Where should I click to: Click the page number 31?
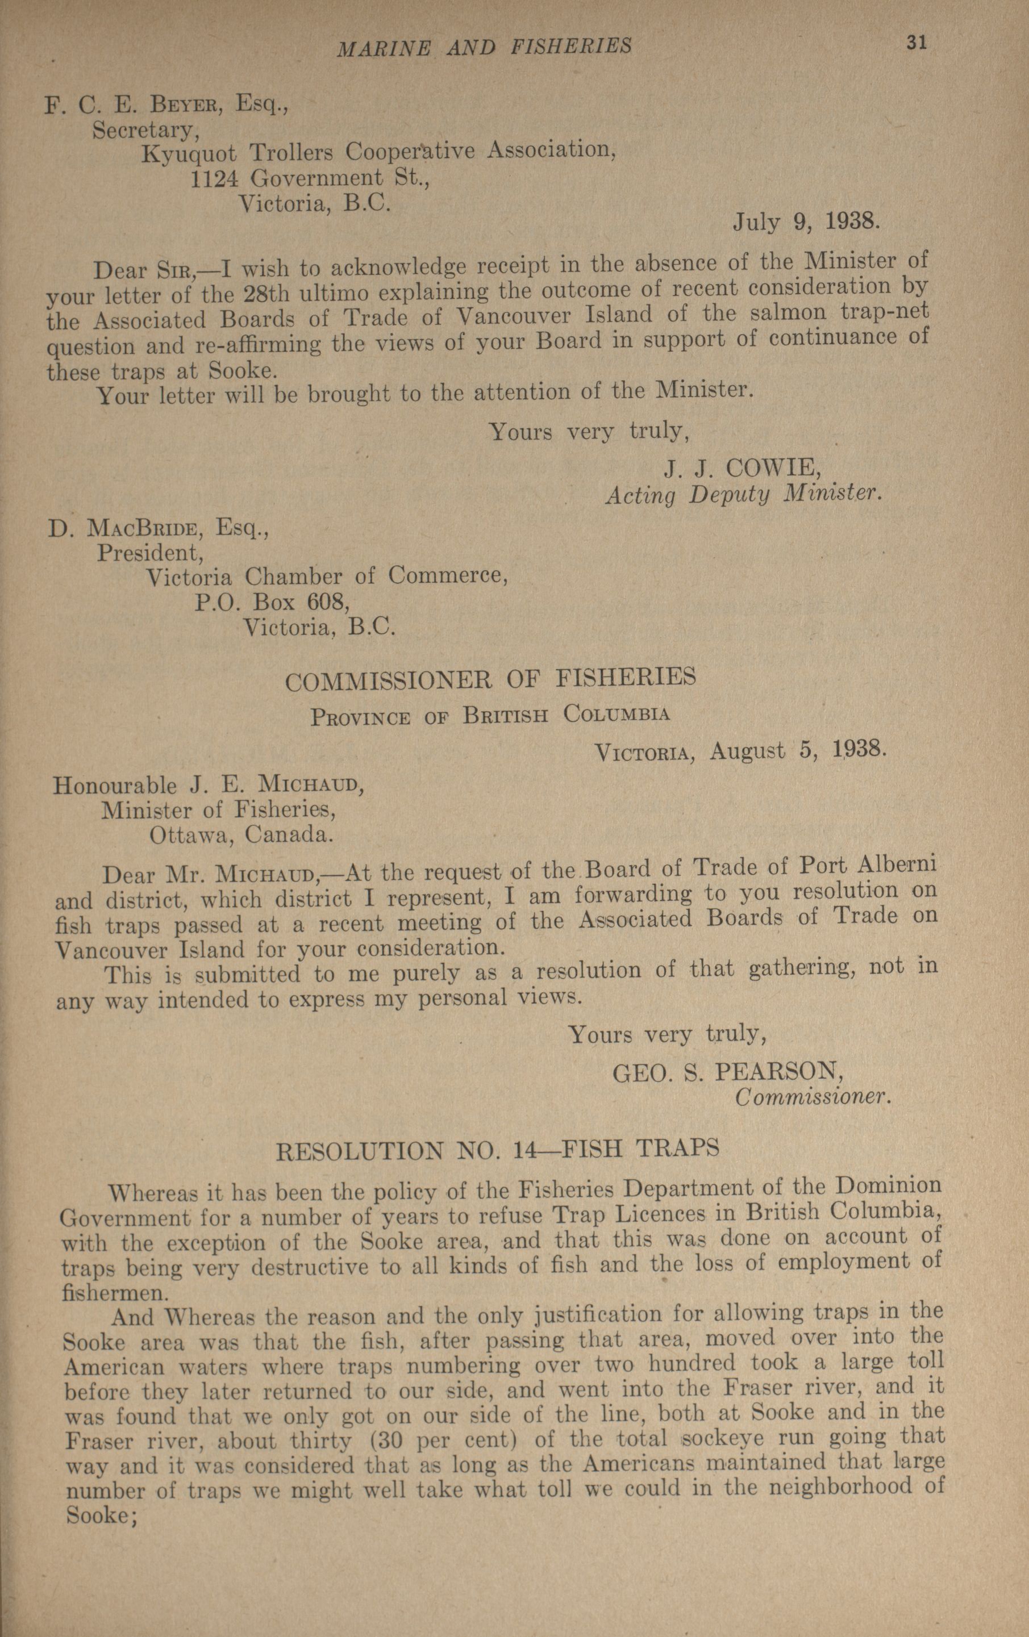[x=915, y=42]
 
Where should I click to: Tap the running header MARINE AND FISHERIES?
[x=485, y=46]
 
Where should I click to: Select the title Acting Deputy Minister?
[x=743, y=494]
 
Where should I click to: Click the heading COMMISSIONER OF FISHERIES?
[x=490, y=679]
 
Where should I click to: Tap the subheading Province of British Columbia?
[x=490, y=716]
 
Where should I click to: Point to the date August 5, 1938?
[x=797, y=750]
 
